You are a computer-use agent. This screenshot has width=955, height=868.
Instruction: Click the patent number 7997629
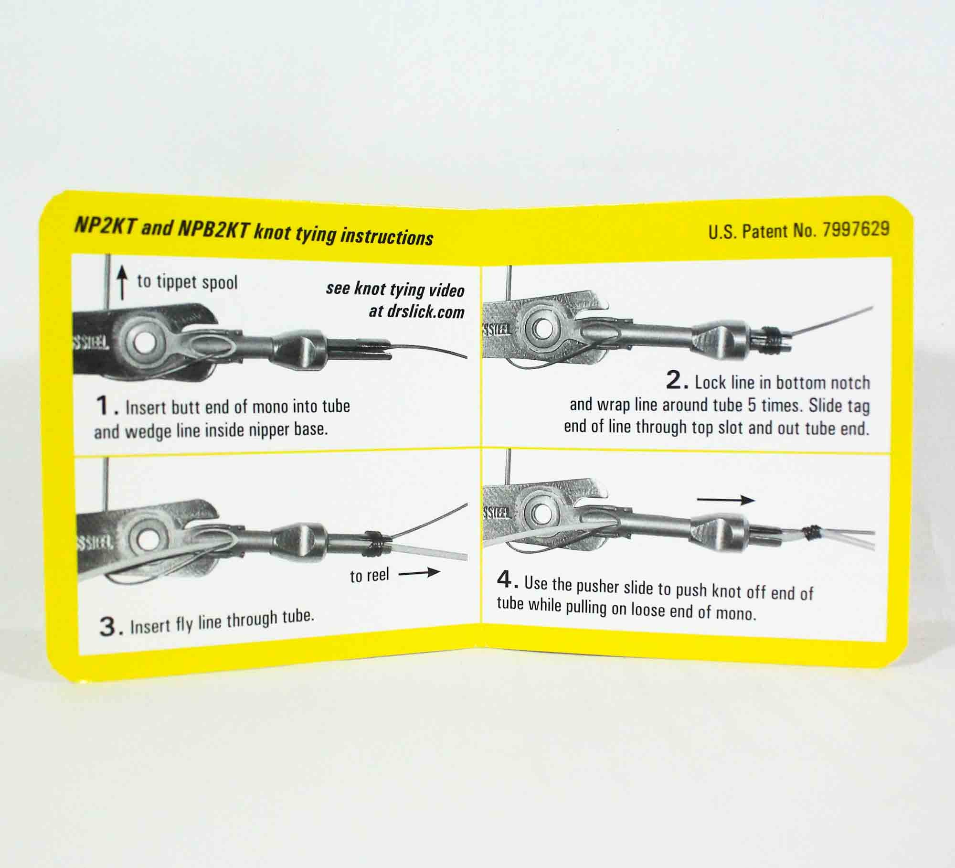(x=856, y=230)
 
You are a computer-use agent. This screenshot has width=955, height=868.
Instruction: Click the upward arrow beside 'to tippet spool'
(x=123, y=282)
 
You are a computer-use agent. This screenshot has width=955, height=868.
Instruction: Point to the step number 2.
(x=677, y=381)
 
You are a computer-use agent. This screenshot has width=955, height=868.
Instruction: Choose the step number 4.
(x=507, y=580)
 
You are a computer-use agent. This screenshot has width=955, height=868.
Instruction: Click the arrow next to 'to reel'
(x=419, y=572)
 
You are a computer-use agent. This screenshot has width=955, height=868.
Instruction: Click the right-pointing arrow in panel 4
(x=725, y=501)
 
